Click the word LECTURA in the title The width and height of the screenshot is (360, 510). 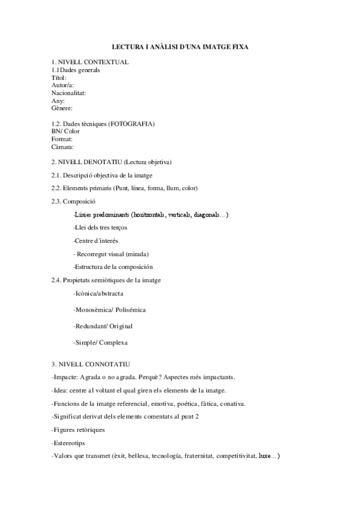[129, 46]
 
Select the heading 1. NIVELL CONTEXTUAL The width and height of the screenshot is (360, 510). [90, 62]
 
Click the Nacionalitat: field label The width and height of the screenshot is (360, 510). [69, 93]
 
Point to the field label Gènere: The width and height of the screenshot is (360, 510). [62, 108]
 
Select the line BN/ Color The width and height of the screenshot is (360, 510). [66, 131]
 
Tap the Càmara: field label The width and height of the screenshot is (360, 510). [63, 146]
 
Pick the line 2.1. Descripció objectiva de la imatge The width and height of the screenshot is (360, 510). [102, 175]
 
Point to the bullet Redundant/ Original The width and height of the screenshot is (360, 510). [102, 326]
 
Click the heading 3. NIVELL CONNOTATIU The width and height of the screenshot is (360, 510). [90, 364]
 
